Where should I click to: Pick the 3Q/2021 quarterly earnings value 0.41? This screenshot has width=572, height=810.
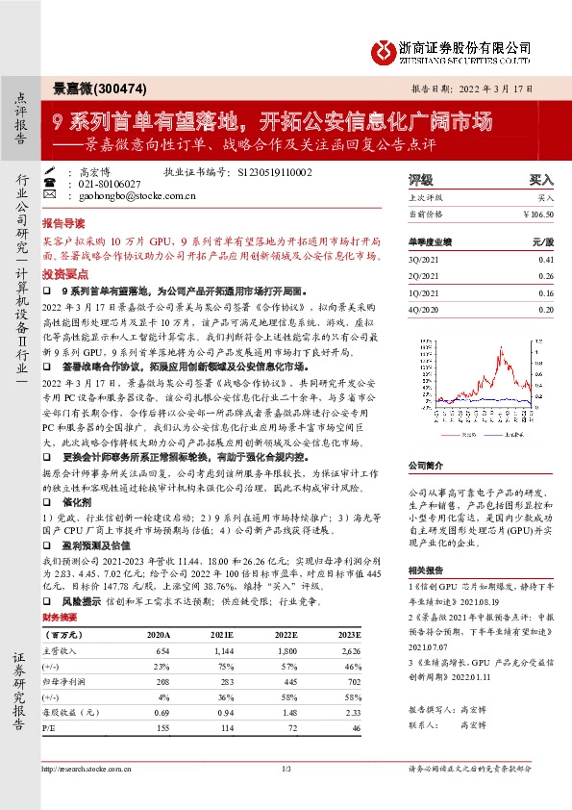(546, 260)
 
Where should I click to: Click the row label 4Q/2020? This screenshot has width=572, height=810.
(424, 309)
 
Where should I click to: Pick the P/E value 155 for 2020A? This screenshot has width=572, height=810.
(164, 728)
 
